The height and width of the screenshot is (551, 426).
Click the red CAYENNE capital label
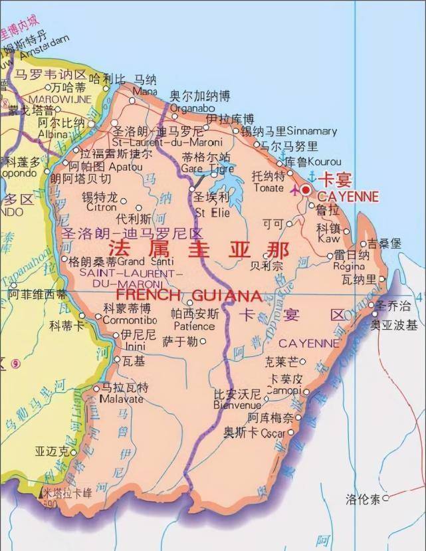[x=348, y=197]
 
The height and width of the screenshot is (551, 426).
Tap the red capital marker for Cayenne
[x=306, y=189]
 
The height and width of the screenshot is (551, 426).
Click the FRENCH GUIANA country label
[x=189, y=294]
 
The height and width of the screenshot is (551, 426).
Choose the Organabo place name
[x=192, y=108]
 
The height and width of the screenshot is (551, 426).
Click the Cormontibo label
[x=130, y=320]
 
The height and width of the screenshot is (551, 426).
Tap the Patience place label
[x=194, y=326]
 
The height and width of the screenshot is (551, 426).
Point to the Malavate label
[x=121, y=399]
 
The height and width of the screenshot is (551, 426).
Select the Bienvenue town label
[x=237, y=405]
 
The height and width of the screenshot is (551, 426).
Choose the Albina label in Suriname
[x=53, y=134]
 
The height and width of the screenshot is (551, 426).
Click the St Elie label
[x=212, y=213]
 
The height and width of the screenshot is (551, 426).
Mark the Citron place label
[x=100, y=207]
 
